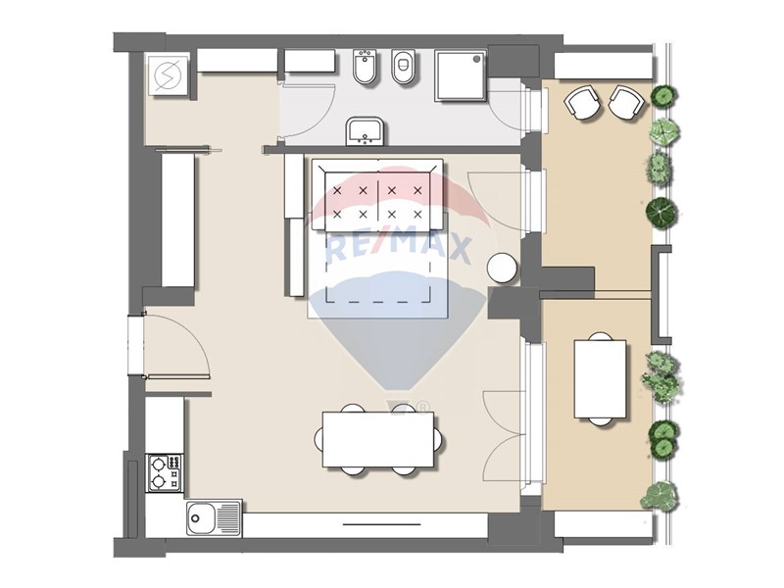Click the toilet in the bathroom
pyautogui.click(x=402, y=67)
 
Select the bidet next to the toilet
pyautogui.click(x=365, y=67)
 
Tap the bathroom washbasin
pyautogui.click(x=365, y=131)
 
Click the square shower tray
pyautogui.click(x=461, y=75)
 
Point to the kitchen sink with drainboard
pyautogui.click(x=214, y=518)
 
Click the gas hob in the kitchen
pyautogui.click(x=165, y=472)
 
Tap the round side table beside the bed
pyautogui.click(x=503, y=269)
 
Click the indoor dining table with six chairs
pyautogui.click(x=378, y=439)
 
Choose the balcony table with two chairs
pyautogui.click(x=600, y=379)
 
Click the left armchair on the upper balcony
pyautogui.click(x=581, y=102)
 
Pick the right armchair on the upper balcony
pyautogui.click(x=625, y=103)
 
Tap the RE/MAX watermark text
pyautogui.click(x=399, y=249)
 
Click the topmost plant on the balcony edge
pyautogui.click(x=663, y=95)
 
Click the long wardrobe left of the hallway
pyautogui.click(x=177, y=220)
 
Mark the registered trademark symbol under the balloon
pyautogui.click(x=422, y=408)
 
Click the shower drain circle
pyautogui.click(x=477, y=59)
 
